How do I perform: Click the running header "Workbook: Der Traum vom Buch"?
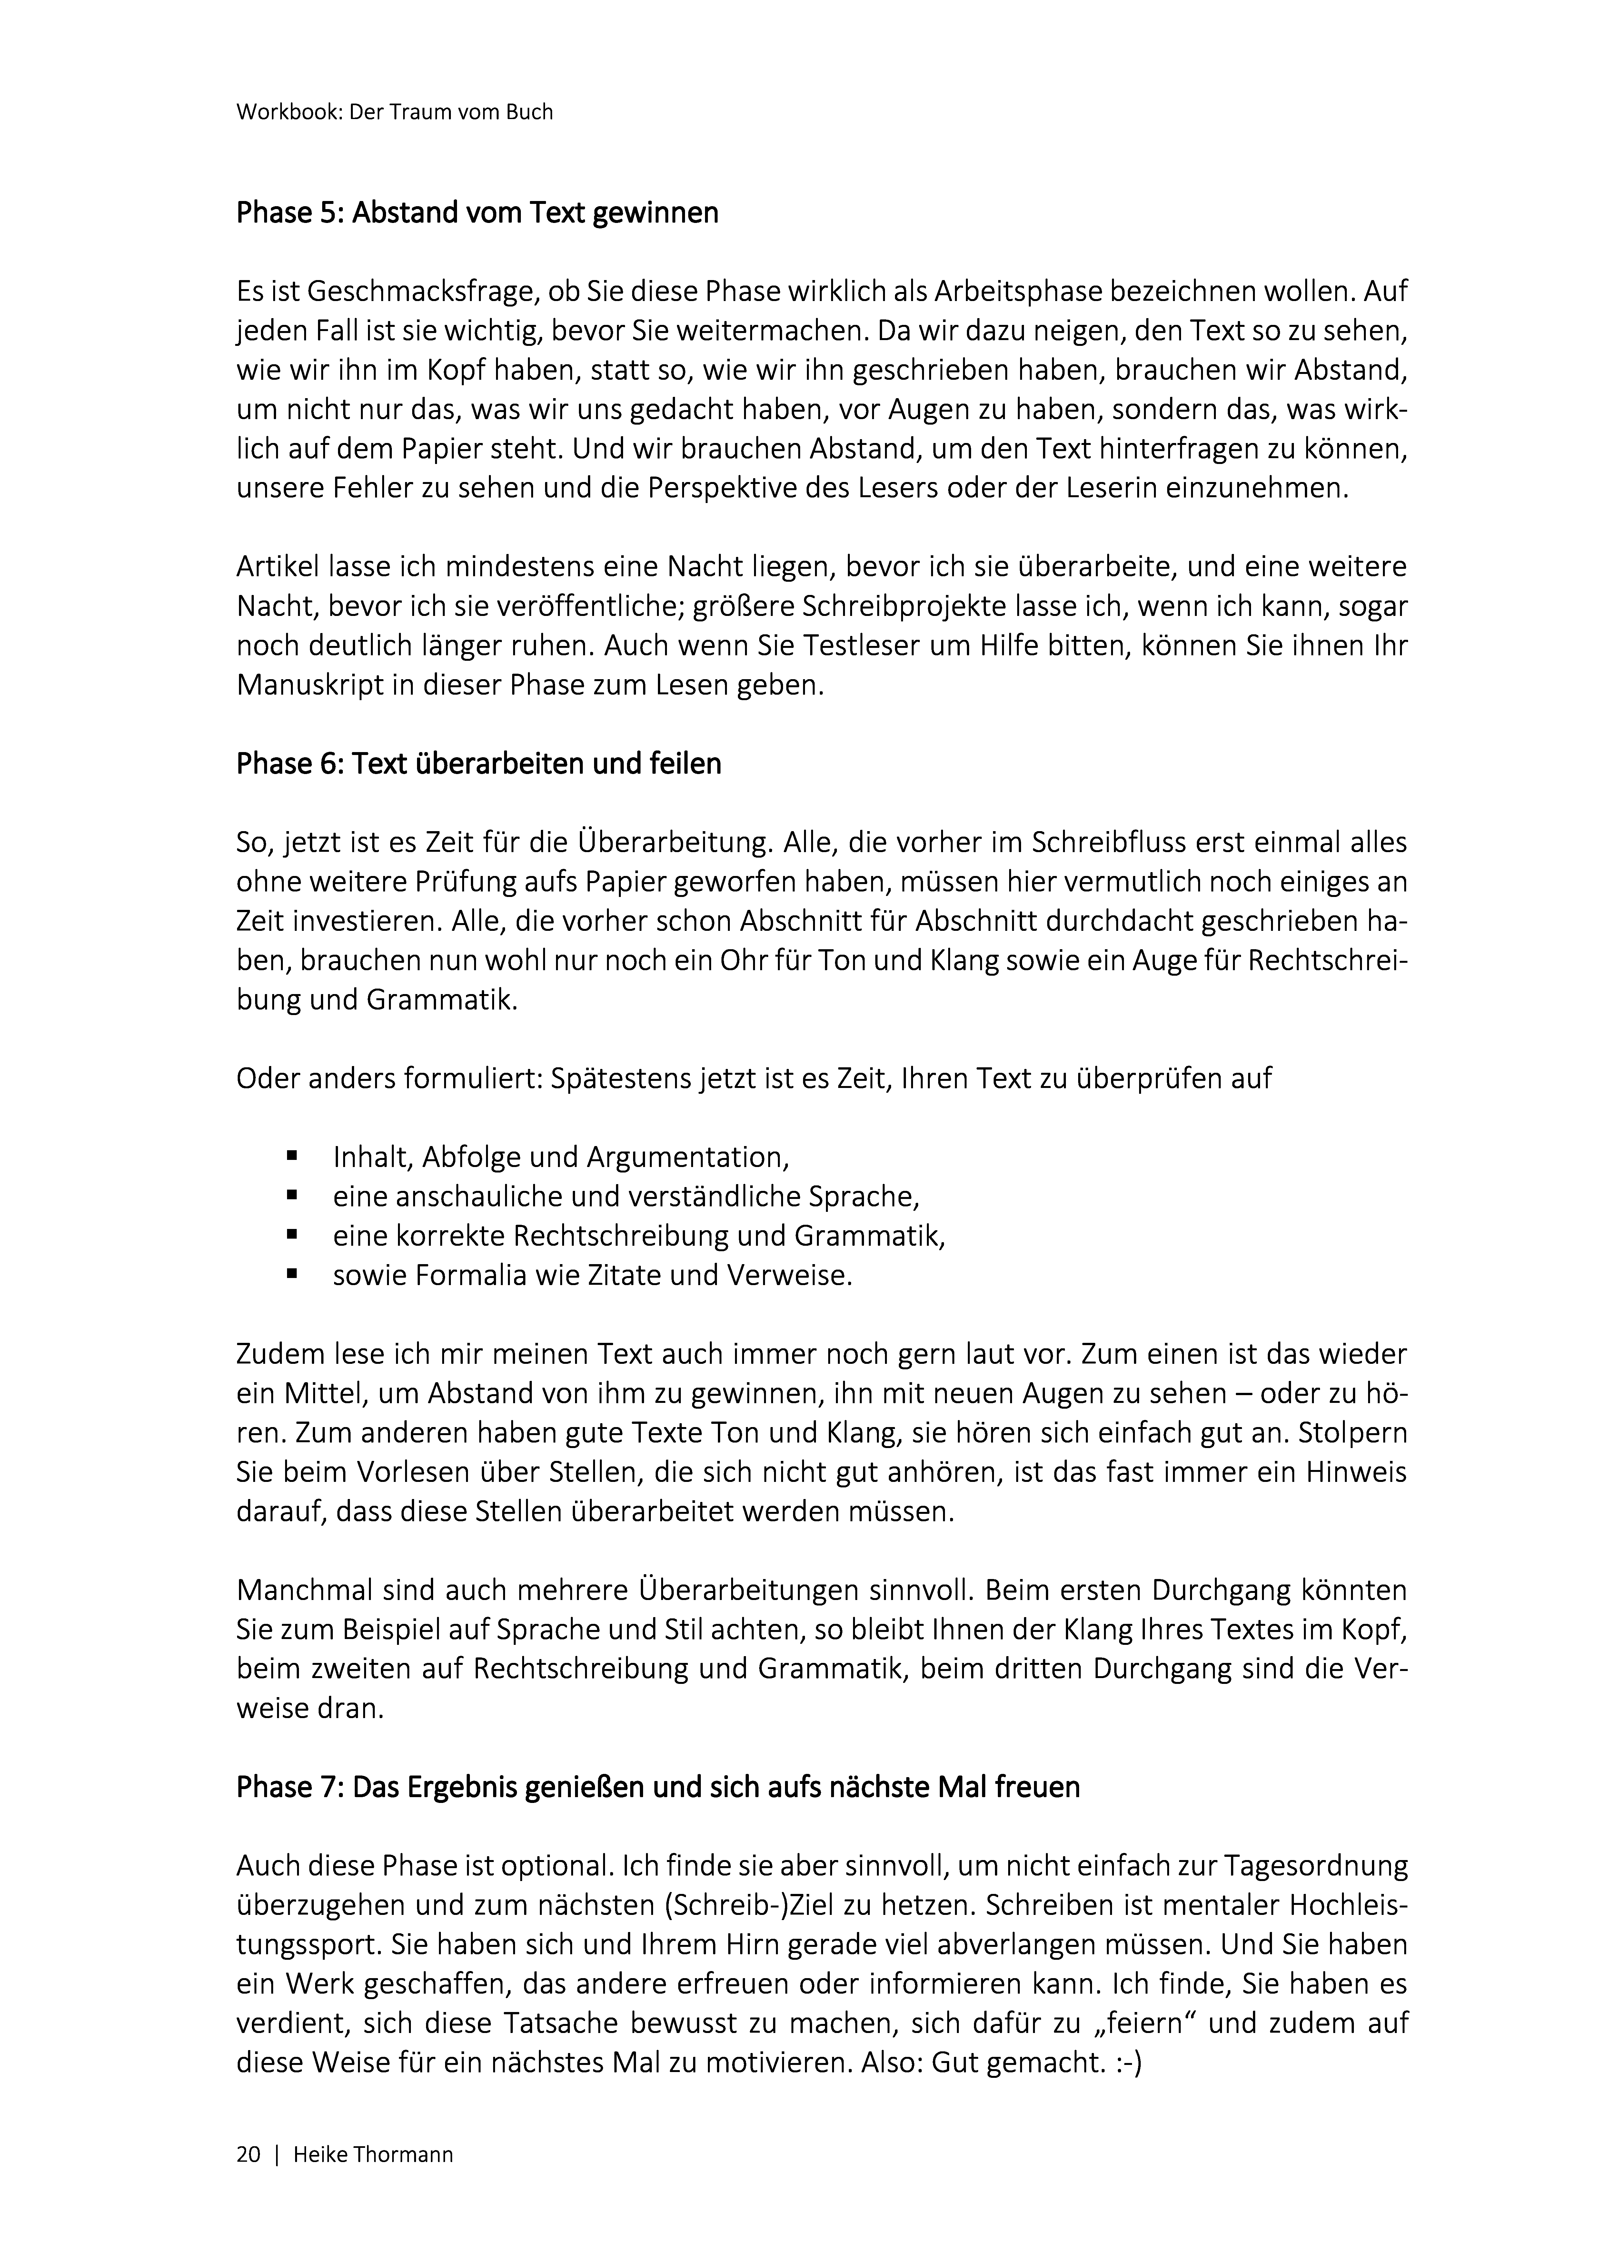394,112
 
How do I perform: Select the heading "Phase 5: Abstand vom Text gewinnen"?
477,212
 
